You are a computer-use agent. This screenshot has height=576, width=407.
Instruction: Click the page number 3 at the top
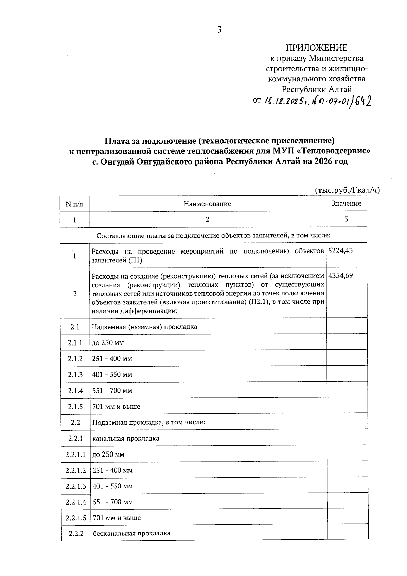tap(219, 30)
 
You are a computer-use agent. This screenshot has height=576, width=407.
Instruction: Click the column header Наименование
tap(207, 204)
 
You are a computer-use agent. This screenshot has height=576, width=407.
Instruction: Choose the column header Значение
tap(346, 203)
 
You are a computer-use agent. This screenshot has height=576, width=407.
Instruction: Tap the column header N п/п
tap(74, 204)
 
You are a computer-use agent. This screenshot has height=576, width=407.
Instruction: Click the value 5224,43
tap(341, 251)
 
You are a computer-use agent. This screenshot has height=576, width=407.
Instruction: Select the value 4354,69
tap(341, 275)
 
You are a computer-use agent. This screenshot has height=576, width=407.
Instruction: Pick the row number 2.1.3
tap(75, 375)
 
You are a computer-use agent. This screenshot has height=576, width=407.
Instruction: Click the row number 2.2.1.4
tap(76, 502)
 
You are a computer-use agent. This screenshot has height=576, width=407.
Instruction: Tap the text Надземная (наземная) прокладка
tap(144, 327)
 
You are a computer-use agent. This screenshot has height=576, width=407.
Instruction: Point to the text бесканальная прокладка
tap(132, 533)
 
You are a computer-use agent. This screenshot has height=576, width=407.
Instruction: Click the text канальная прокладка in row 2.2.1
tap(126, 438)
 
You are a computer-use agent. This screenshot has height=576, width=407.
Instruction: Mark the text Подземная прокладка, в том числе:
tap(149, 423)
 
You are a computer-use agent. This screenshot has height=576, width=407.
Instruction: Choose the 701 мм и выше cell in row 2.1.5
tap(116, 407)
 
